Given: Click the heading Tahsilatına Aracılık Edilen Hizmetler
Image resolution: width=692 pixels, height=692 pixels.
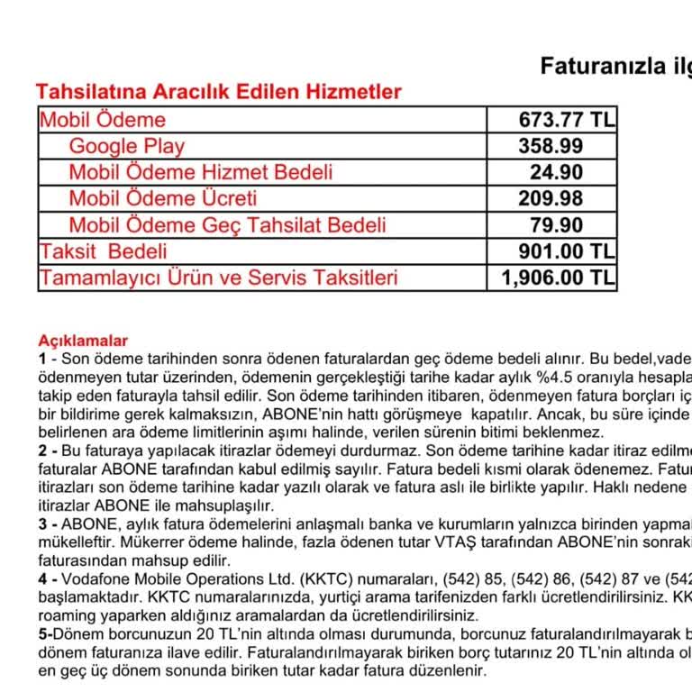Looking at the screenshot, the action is point(218,91).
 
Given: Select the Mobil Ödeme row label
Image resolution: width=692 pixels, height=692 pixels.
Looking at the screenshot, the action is point(102,120).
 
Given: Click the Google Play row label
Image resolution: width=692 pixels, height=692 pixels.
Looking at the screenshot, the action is point(126,146).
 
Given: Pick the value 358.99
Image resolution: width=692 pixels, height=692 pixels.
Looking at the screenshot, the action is point(551,146).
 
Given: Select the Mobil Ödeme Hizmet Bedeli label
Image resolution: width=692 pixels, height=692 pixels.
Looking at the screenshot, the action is point(200,172).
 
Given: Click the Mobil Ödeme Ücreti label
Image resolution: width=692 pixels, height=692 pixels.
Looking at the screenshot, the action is point(162,198).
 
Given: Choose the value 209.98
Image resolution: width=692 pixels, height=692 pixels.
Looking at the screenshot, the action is point(551,198).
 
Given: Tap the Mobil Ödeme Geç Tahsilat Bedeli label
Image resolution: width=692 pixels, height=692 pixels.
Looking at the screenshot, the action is point(227,224).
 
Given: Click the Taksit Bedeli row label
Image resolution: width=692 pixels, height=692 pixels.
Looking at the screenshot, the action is point(102,250).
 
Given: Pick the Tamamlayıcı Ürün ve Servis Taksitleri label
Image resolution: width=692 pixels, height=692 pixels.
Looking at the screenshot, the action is point(218,278).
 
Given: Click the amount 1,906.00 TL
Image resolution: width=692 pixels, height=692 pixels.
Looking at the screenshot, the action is point(559,278).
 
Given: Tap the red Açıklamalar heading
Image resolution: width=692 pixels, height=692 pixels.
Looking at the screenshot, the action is point(83,341).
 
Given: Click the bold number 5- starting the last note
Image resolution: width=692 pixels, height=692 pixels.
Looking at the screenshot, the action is point(44,635).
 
